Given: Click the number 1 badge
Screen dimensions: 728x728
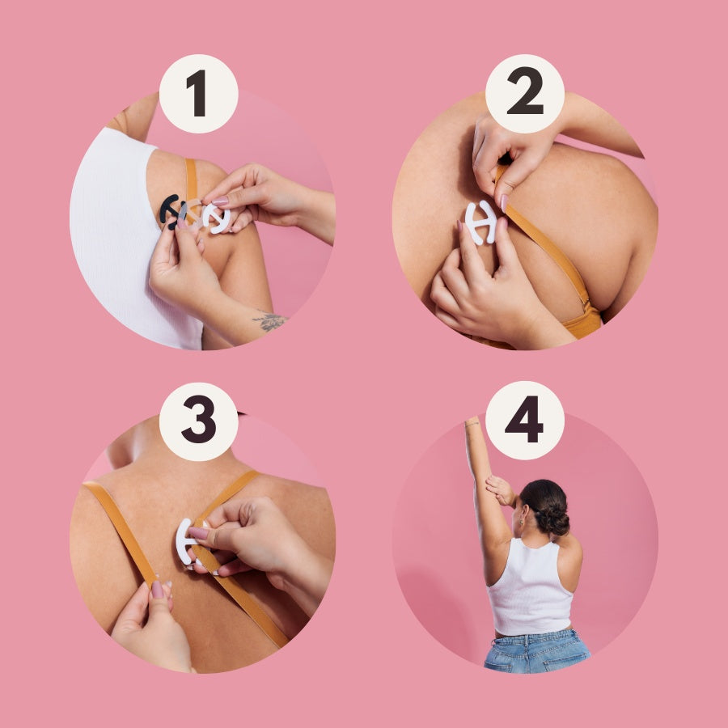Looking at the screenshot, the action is pos(199,93).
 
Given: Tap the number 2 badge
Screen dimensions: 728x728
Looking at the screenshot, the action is pos(525,93).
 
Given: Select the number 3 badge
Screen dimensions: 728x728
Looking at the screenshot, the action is pos(199,421).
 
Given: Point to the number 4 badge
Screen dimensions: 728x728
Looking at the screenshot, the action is pos(525,420).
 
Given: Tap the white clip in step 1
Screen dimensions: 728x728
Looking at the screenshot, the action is pos(216,218).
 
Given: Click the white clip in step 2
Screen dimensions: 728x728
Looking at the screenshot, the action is pos(481,222).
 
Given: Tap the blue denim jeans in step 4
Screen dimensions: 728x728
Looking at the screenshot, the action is pos(537,650).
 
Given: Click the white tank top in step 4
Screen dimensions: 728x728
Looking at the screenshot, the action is pos(530,586).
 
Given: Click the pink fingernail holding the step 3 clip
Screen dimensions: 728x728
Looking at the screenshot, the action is pos(198,533).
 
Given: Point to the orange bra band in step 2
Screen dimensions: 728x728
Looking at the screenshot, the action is pos(582,320).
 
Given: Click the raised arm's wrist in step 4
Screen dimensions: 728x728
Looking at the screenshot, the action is pos(472,424).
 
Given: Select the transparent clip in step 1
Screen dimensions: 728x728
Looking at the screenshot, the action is pos(194,214).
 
